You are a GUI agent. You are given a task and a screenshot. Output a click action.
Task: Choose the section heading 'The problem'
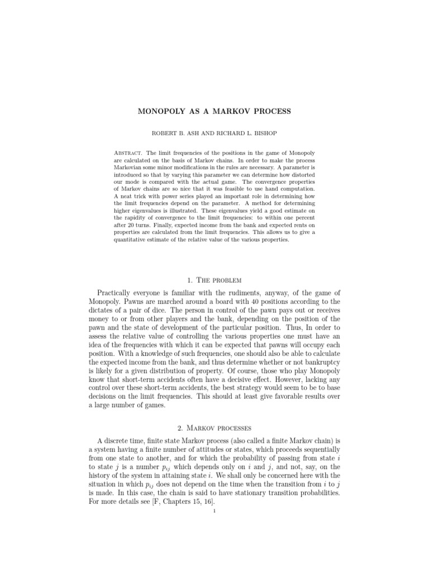click(222, 271)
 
